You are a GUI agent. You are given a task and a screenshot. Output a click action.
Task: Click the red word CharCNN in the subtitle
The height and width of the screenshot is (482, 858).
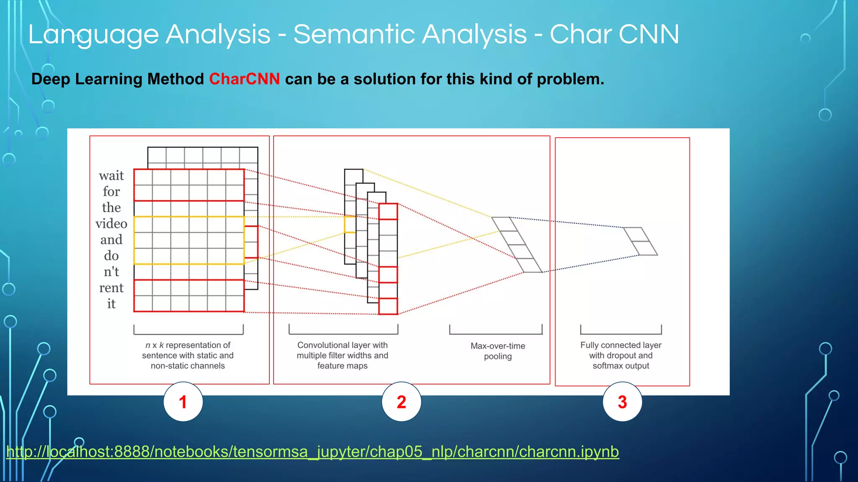click(x=244, y=79)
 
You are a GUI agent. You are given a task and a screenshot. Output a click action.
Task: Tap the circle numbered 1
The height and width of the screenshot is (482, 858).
click(x=183, y=402)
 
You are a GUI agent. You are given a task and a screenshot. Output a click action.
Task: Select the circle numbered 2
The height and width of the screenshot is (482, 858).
click(x=401, y=402)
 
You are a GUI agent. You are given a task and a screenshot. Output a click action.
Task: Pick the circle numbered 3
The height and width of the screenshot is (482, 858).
click(x=622, y=402)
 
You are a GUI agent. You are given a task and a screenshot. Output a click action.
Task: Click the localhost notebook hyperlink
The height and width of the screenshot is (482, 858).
click(x=313, y=452)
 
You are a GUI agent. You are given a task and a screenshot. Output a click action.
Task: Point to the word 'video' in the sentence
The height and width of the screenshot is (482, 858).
click(x=111, y=224)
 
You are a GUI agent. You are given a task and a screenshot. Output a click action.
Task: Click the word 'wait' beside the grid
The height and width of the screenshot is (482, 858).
click(x=111, y=176)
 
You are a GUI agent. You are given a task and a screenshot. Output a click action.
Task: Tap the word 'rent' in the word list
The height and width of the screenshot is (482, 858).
click(x=111, y=288)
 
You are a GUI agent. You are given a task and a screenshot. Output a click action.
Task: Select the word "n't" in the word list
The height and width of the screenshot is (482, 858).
click(x=111, y=272)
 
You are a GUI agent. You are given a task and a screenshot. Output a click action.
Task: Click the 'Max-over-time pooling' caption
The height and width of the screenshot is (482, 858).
click(x=498, y=351)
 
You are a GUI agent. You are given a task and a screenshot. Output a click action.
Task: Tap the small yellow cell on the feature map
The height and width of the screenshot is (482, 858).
click(x=350, y=225)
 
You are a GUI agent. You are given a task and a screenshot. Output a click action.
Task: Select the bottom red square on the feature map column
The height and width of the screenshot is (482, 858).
click(x=388, y=306)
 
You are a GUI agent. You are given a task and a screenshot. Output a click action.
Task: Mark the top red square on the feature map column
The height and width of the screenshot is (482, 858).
click(x=388, y=212)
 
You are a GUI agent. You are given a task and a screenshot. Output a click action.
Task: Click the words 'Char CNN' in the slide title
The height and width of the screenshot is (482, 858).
click(x=614, y=34)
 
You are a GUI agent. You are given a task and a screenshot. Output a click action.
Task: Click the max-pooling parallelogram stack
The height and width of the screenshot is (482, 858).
click(x=517, y=245)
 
